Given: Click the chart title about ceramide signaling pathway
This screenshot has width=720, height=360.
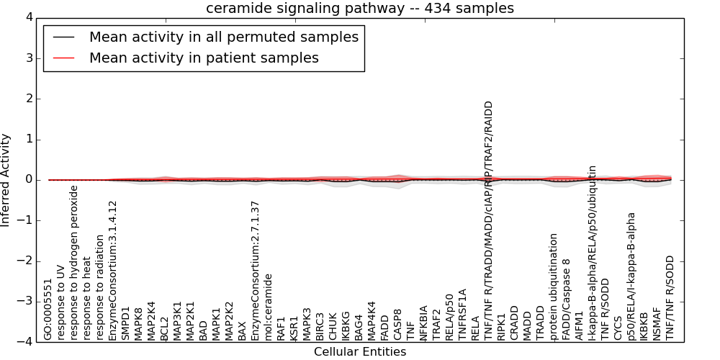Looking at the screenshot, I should pyautogui.click(x=360, y=9).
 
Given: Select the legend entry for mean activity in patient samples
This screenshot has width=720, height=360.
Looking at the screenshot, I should pyautogui.click(x=204, y=58).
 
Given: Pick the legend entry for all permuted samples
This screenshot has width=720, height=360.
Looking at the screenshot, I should pyautogui.click(x=224, y=37).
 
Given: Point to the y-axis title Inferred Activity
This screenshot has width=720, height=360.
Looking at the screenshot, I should pyautogui.click(x=6, y=180).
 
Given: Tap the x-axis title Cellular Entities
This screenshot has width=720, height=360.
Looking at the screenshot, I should pyautogui.click(x=360, y=352).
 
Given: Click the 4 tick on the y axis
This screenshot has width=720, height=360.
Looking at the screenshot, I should pyautogui.click(x=28, y=17).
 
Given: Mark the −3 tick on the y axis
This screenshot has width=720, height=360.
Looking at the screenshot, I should pyautogui.click(x=25, y=302).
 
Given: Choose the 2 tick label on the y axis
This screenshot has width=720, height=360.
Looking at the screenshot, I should pyautogui.click(x=28, y=99).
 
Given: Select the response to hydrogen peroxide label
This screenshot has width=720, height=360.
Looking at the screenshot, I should pyautogui.click(x=74, y=263).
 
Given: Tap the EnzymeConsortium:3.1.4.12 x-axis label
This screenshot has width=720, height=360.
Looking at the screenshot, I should pyautogui.click(x=113, y=271).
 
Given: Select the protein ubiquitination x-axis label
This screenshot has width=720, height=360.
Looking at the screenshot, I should pyautogui.click(x=554, y=287).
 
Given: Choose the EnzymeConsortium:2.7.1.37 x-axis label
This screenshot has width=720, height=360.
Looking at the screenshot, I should pyautogui.click(x=256, y=271).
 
